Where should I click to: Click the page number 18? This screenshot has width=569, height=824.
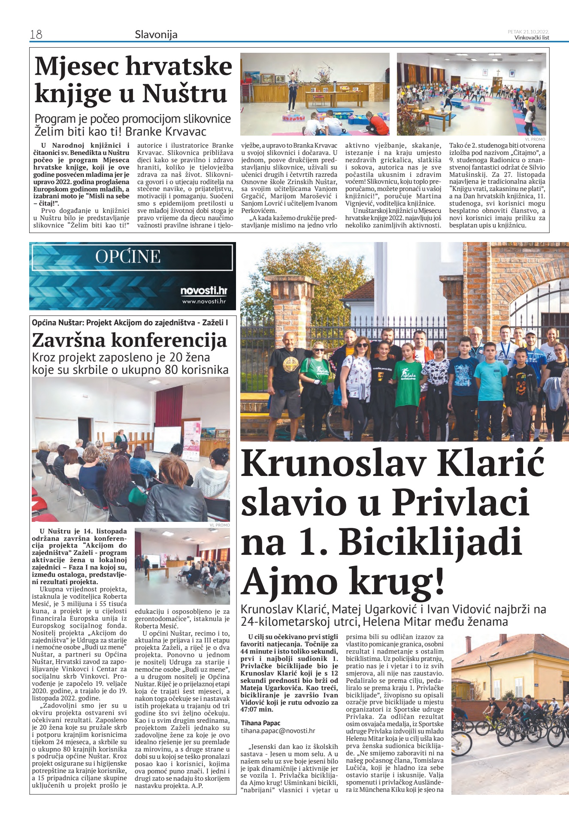(36, 34)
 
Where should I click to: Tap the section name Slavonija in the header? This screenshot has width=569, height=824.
(156, 34)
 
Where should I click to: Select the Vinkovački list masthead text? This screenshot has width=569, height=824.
(532, 37)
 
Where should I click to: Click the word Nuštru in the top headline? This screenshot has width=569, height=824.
(185, 93)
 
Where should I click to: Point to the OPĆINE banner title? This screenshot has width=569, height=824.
(128, 257)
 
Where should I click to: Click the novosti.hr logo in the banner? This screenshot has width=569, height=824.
(203, 291)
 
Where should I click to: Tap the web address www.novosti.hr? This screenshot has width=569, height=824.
(204, 301)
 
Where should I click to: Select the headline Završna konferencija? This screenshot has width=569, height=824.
(129, 340)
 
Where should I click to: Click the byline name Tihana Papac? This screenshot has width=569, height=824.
(260, 723)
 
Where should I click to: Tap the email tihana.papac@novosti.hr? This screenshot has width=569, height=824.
(278, 730)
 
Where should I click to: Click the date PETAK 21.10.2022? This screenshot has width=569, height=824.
(528, 31)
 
